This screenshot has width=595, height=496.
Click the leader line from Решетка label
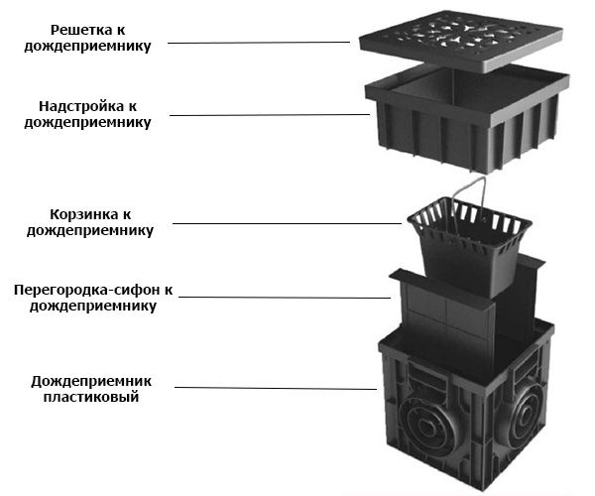pyautogui.click(x=258, y=43)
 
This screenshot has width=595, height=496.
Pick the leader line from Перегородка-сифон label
pyautogui.click(x=288, y=297)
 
